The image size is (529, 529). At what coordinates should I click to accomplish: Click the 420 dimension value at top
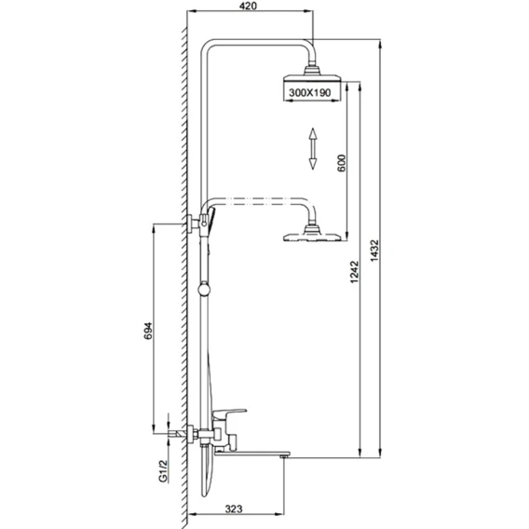tap(249, 6)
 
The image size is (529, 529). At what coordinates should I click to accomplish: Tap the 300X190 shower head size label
tap(310, 92)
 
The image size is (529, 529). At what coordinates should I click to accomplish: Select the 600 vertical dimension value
tap(342, 163)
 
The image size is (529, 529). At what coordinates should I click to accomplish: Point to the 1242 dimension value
tap(354, 272)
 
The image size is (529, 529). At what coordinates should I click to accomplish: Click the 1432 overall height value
tap(374, 251)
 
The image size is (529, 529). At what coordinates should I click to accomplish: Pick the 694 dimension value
tap(148, 331)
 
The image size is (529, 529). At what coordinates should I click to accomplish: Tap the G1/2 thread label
tap(163, 471)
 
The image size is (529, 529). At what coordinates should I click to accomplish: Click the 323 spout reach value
tap(234, 509)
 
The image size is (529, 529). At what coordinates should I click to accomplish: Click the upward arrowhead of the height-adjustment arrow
tap(313, 133)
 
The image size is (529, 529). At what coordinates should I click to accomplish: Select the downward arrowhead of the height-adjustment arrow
tap(313, 163)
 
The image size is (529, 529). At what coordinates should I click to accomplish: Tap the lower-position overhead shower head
tap(312, 235)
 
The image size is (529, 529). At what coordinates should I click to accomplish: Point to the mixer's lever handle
tap(230, 413)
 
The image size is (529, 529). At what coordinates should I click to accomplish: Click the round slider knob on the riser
tap(204, 290)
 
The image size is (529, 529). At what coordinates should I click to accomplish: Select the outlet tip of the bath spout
tap(284, 455)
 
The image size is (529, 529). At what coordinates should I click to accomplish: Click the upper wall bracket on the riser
tap(194, 223)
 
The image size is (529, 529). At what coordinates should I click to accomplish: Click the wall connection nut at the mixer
tap(193, 433)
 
